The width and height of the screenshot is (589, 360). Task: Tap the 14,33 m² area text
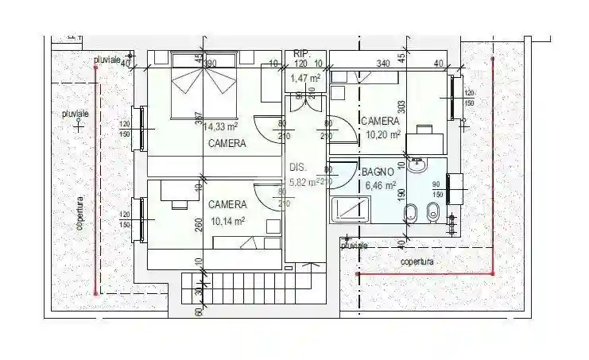(x=220, y=126)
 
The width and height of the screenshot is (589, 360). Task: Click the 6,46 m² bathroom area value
(x=380, y=185)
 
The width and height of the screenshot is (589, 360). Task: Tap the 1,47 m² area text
(x=305, y=78)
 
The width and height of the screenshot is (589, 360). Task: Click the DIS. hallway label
(x=298, y=168)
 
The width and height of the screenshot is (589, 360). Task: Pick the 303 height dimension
(x=403, y=107)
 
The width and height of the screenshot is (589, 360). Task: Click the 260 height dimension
(x=199, y=225)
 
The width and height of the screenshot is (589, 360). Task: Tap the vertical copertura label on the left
(x=79, y=213)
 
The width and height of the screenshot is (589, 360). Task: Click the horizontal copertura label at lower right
(x=417, y=261)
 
